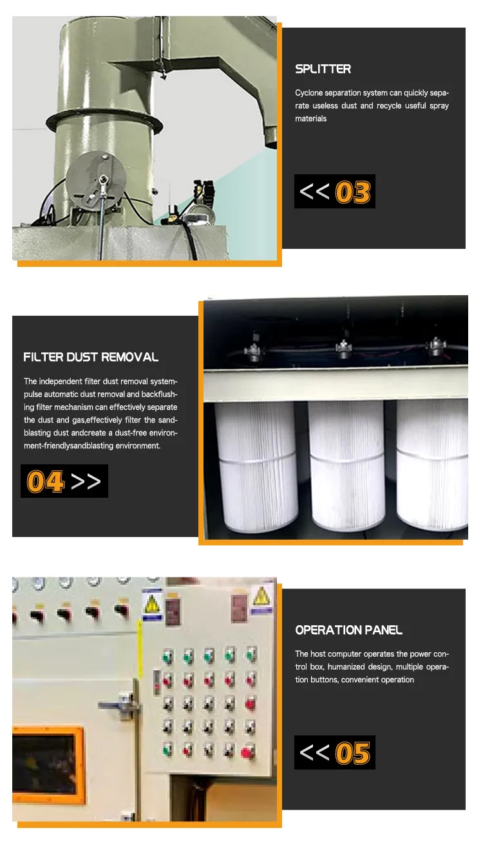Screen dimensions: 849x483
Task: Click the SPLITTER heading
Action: tap(323, 69)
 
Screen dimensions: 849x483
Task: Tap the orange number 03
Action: tap(354, 192)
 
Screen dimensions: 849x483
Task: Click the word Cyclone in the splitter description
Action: tap(309, 93)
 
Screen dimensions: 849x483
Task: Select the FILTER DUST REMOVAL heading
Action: tap(91, 357)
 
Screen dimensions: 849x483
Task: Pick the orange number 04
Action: tap(45, 482)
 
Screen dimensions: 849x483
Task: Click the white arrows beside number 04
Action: tap(86, 481)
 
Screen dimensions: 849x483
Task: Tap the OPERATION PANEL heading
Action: tap(348, 630)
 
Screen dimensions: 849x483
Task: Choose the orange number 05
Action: tap(354, 753)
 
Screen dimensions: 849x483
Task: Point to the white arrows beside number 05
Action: tap(314, 753)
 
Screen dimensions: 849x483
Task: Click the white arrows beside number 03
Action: tap(314, 192)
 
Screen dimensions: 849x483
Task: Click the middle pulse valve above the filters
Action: tap(344, 348)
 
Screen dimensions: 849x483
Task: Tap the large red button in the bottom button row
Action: tap(247, 751)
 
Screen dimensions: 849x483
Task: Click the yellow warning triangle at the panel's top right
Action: tap(261, 596)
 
